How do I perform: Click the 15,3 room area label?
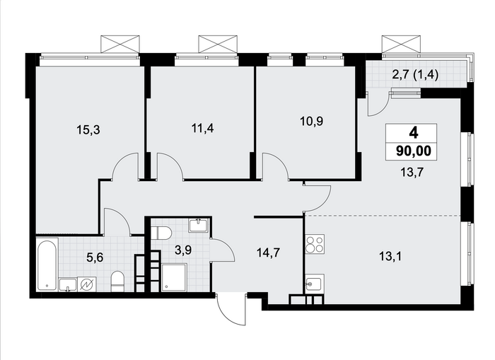coord(88,129)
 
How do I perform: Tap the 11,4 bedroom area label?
coord(203,128)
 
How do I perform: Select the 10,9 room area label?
coord(312,121)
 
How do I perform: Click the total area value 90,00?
coord(414,151)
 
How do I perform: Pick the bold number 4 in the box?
coord(414,133)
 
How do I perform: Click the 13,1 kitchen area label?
coord(390,257)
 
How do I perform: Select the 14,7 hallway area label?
coord(268,252)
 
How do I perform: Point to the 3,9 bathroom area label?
coord(183,250)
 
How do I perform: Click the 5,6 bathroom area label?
coord(95,257)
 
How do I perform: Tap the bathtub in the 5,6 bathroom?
coord(47,265)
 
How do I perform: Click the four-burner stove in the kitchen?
coord(315,244)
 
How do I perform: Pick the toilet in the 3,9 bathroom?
coord(161,233)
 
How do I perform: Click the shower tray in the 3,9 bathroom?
coord(174,278)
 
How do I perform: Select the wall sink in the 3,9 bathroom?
coord(198,226)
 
